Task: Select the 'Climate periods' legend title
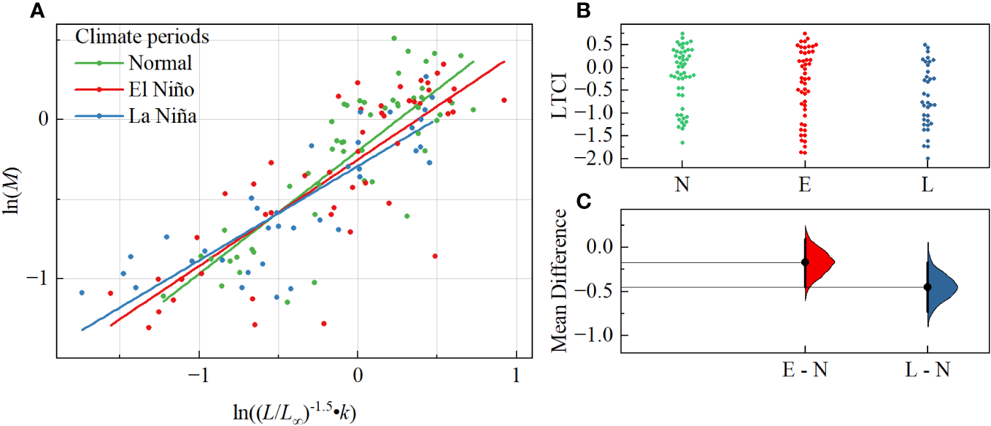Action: point(143,36)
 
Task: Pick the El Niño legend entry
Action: point(161,89)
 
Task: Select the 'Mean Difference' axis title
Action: point(560,281)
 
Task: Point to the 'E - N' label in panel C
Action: point(805,371)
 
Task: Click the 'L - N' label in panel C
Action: point(928,371)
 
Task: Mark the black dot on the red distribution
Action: point(805,262)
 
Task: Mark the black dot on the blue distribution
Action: point(928,287)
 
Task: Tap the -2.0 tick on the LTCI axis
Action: point(599,159)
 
